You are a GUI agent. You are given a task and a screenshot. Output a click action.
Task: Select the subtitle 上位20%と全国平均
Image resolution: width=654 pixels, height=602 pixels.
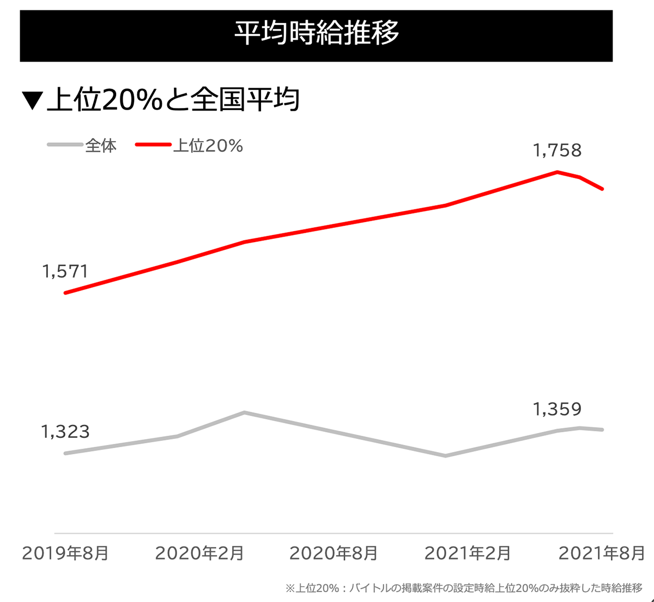173,100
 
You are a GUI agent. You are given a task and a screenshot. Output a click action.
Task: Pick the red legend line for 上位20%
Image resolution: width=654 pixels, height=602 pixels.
153,145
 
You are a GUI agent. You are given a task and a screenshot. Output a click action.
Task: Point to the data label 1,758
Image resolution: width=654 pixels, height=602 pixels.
557,150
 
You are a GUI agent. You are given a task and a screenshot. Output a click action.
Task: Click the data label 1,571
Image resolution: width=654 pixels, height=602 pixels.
65,271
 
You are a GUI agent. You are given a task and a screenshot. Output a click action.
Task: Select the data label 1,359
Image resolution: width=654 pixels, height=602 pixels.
557,409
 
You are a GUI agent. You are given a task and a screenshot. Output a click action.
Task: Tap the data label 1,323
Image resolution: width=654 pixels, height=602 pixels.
65,432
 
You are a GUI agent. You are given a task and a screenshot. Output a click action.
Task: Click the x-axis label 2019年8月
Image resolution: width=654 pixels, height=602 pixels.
65,553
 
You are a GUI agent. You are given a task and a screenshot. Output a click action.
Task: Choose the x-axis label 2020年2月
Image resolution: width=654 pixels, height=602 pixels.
199,553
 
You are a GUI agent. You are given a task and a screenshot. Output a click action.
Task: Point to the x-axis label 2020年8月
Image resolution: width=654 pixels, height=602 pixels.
334,553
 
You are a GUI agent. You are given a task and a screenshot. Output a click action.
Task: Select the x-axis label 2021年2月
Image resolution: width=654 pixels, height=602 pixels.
468,553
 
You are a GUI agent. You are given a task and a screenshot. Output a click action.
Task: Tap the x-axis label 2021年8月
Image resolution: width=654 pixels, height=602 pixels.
602,553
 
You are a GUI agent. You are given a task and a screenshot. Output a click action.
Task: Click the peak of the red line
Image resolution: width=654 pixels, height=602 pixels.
558,172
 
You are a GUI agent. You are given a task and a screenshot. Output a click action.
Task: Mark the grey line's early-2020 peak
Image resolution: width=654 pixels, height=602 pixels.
245,412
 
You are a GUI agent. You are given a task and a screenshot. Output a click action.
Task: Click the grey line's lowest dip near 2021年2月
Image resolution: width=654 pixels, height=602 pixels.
446,456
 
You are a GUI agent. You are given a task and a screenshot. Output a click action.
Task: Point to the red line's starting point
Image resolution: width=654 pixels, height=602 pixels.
65,293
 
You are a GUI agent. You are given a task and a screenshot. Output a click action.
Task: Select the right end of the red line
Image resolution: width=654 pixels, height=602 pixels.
602,189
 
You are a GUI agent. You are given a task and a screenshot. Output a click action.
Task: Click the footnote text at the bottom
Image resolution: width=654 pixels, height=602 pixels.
464,588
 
